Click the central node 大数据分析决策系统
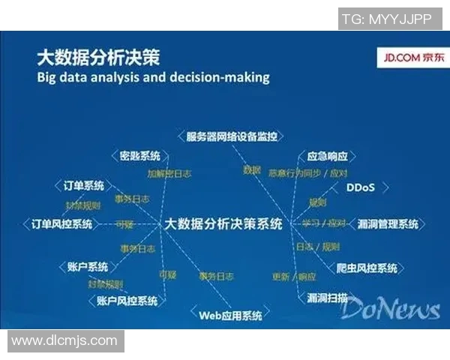click(x=223, y=223)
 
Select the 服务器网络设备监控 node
click(x=232, y=136)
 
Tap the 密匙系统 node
click(x=140, y=156)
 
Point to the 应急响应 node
click(x=328, y=157)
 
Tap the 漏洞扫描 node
click(x=328, y=297)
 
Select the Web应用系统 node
click(x=230, y=315)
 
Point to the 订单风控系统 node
click(x=61, y=223)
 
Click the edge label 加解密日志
click(x=168, y=173)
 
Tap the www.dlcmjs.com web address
click(x=64, y=340)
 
